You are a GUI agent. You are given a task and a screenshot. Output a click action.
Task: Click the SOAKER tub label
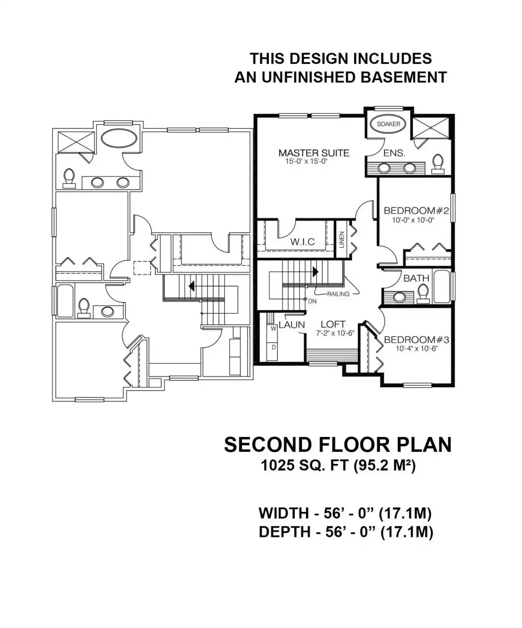(x=388, y=124)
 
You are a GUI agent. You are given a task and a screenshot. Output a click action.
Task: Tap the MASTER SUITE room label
(x=314, y=153)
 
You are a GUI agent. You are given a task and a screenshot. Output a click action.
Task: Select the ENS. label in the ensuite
(x=394, y=153)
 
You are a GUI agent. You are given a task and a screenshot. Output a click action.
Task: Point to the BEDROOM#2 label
(x=416, y=211)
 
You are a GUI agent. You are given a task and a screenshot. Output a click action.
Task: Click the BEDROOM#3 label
(x=416, y=340)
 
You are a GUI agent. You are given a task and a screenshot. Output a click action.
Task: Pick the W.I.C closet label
(x=302, y=242)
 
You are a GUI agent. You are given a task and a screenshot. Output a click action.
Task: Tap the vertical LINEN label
(x=341, y=240)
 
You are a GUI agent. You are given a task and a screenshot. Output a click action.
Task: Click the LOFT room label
(x=333, y=324)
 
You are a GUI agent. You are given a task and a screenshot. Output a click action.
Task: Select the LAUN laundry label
(x=292, y=325)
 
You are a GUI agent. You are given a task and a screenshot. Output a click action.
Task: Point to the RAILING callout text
(x=338, y=294)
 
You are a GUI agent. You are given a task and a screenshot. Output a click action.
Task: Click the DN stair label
(x=312, y=301)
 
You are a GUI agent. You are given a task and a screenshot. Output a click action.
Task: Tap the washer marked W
(x=274, y=328)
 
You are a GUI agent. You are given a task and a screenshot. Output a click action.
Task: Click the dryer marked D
(x=274, y=348)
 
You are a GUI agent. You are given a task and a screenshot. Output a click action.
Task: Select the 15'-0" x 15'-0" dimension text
(x=306, y=161)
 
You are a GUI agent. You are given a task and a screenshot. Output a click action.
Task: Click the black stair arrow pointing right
(x=315, y=272)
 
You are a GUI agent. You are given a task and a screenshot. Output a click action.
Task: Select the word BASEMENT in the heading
(x=403, y=77)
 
